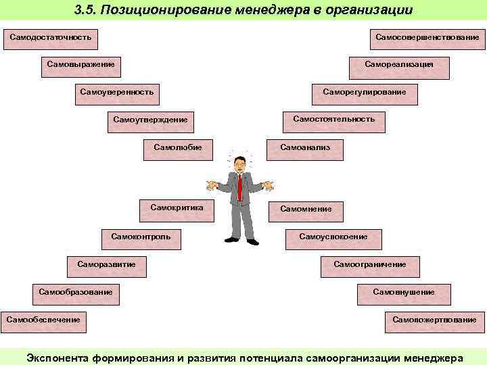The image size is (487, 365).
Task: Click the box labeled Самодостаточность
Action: pyautogui.click(x=51, y=38)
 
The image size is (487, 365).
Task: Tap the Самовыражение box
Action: pyautogui.click(x=80, y=66)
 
